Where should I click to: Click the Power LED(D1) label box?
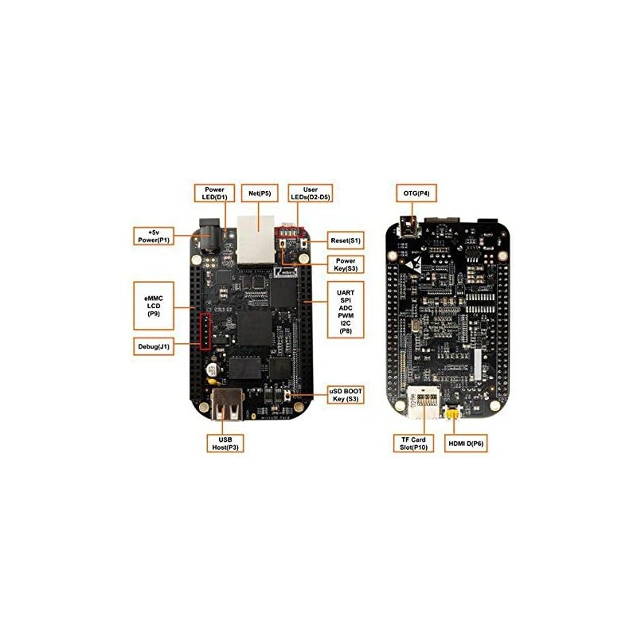[211, 193]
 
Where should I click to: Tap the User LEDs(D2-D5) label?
[308, 193]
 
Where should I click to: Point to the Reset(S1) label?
[345, 240]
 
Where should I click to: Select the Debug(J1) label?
[153, 346]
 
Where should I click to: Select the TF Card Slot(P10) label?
[415, 443]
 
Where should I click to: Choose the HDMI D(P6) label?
[466, 443]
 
